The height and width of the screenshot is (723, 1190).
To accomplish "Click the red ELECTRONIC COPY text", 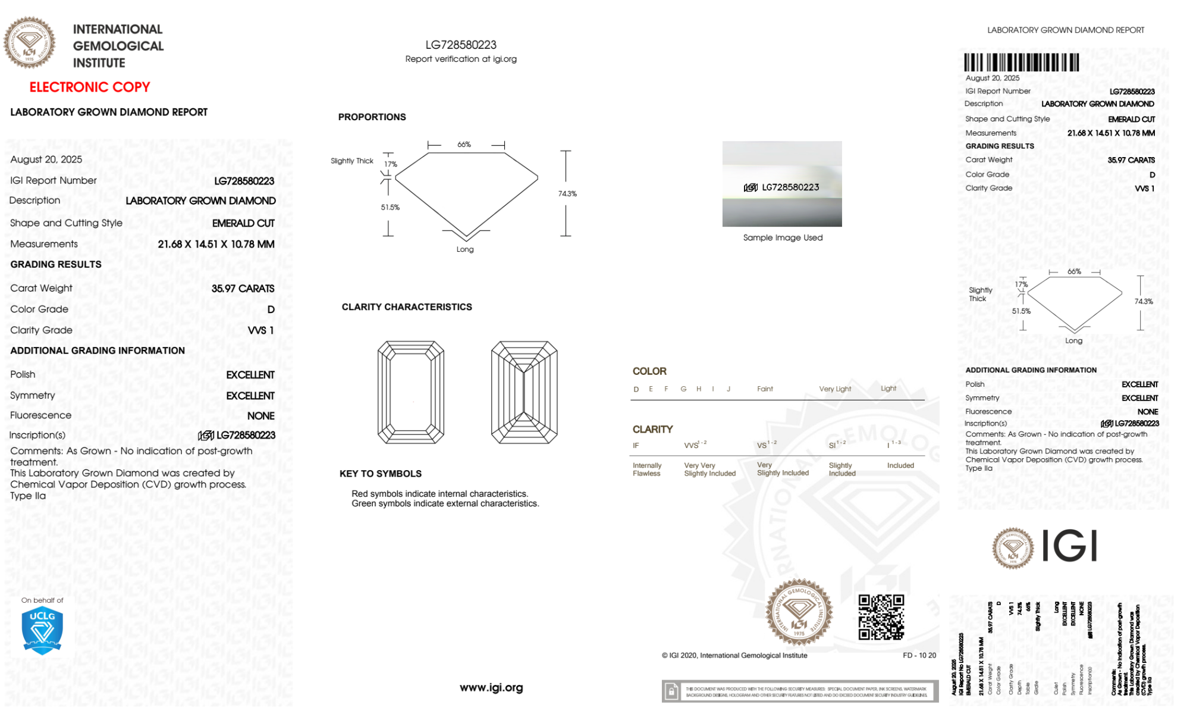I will (x=90, y=87).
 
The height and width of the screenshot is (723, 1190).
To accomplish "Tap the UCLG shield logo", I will (x=42, y=631).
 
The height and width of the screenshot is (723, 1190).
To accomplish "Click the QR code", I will (x=881, y=617).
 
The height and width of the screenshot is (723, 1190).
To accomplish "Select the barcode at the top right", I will (x=1021, y=62).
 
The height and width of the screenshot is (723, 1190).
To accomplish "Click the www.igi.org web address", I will (x=491, y=687).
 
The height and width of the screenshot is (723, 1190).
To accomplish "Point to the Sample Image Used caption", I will (x=783, y=237).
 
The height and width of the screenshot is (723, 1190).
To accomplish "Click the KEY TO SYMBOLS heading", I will (x=381, y=474).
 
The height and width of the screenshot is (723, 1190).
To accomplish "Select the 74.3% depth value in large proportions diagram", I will (x=567, y=194).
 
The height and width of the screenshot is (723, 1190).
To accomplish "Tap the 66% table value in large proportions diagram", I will (x=464, y=145).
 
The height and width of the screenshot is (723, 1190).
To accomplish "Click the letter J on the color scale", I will (x=729, y=389).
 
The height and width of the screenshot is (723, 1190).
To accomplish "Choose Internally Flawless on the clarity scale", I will (x=646, y=470).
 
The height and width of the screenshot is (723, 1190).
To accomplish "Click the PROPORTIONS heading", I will (x=372, y=117).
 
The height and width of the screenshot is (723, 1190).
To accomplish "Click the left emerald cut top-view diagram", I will (x=411, y=392).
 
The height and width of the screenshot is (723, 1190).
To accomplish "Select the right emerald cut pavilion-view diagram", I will (x=524, y=392).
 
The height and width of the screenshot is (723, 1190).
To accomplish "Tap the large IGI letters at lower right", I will (x=1070, y=546).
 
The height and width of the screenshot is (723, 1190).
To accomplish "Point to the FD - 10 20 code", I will (x=919, y=655).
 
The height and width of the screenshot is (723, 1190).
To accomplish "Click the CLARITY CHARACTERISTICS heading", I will (x=407, y=307).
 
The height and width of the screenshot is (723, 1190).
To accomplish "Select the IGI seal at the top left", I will (x=30, y=42).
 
